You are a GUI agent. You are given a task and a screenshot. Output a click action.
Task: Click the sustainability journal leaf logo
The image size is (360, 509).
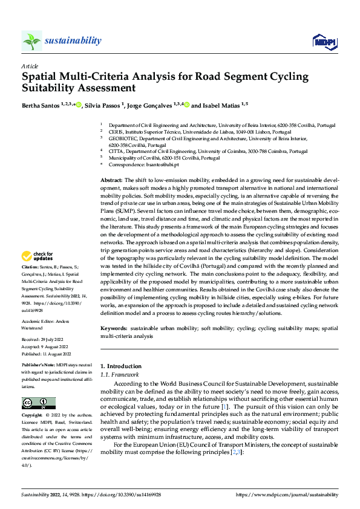(x=31, y=41)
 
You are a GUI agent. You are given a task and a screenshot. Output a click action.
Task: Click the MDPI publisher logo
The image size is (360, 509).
(x=324, y=41)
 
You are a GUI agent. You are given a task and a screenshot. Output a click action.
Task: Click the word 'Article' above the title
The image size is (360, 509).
(x=29, y=66)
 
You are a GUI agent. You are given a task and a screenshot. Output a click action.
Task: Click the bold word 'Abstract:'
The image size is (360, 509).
(x=111, y=181)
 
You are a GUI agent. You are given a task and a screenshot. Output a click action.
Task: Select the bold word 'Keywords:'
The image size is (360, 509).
(x=113, y=328)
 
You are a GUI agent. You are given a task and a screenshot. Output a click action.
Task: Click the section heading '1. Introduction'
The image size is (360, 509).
(x=121, y=366)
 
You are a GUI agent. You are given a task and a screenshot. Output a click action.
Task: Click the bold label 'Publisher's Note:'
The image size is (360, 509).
(x=39, y=366)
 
